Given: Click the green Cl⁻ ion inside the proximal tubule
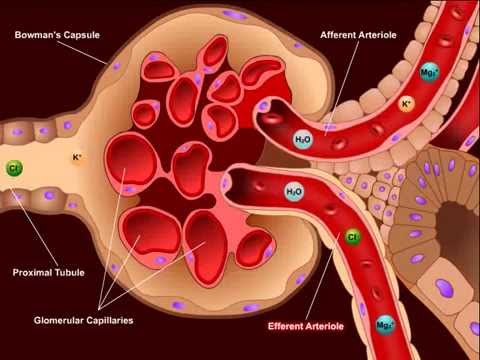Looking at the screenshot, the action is click(14, 168).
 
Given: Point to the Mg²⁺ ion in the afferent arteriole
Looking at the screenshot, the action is click(427, 75).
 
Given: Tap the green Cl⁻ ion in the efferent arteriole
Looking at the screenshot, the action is click(352, 237).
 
